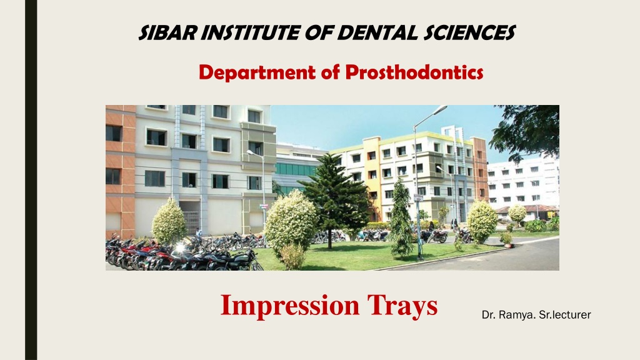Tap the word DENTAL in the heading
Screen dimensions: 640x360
(377, 32)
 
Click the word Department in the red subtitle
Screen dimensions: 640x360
(257, 72)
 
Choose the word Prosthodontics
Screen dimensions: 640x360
(414, 72)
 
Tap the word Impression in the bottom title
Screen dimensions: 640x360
(290, 306)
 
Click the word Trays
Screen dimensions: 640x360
(402, 306)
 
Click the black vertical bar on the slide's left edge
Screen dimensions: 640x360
(31, 180)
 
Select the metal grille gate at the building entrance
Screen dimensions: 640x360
(191, 222)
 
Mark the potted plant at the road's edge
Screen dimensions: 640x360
(506, 240)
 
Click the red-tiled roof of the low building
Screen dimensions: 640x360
(526, 209)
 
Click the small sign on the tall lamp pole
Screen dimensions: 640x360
(418, 198)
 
